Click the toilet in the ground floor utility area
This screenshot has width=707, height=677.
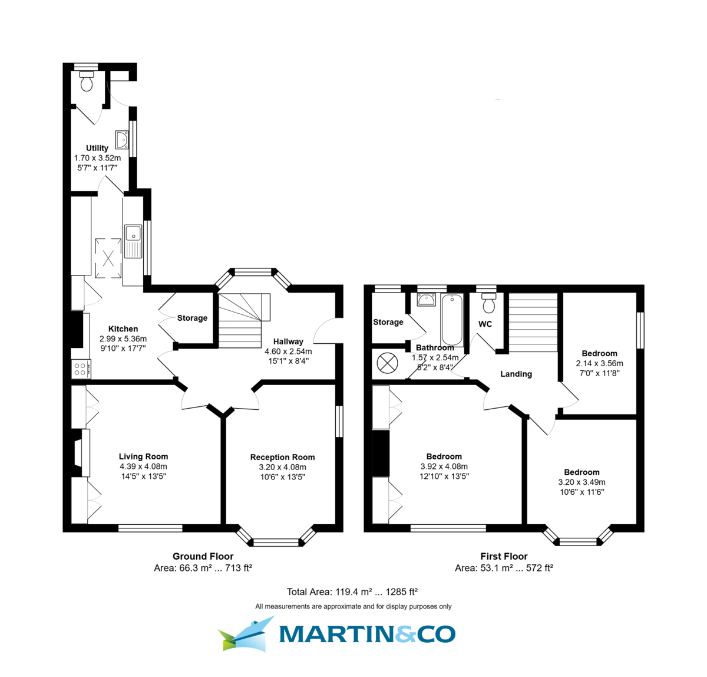87,82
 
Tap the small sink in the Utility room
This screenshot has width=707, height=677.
122,140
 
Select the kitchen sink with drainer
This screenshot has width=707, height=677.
133,241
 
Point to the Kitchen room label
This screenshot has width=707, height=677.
123,329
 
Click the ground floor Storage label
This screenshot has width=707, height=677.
192,318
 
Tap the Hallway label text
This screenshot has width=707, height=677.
288,341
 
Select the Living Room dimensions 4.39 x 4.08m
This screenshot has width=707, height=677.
143,466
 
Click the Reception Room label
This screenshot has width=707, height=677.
282,457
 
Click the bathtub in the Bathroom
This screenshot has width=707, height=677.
452,320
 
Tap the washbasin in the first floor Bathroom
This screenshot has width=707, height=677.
426,300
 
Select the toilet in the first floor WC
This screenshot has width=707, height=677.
488,304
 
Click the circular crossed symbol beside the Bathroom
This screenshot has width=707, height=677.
387,363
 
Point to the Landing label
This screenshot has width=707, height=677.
516,374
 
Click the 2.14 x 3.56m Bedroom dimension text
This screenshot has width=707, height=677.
599,363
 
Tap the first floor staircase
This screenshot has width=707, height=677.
533,323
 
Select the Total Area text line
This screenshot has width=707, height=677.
352,592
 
